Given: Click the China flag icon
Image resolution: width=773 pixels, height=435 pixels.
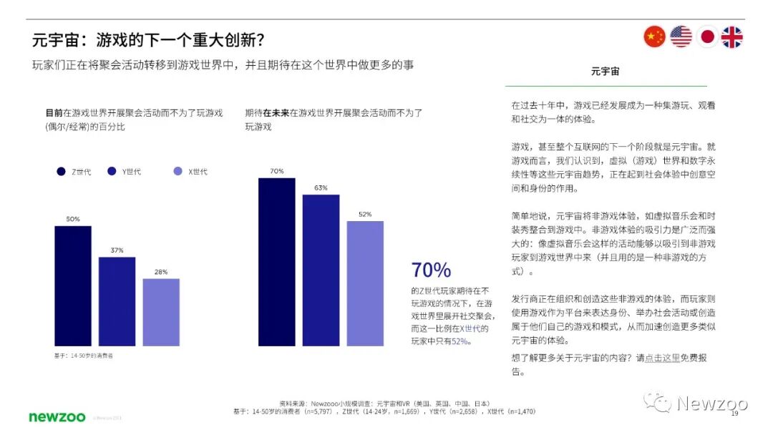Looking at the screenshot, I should pos(654,36).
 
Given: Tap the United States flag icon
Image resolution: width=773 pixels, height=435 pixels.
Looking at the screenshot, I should pos(681,36).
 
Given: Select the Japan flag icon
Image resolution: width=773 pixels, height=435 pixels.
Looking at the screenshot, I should pos(707,36).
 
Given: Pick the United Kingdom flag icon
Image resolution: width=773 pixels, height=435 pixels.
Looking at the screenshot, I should pos(732,36).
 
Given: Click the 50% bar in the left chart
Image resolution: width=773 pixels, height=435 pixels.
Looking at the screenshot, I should pos(73,286).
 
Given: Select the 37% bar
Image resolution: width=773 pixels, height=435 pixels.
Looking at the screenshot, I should pos(117,301).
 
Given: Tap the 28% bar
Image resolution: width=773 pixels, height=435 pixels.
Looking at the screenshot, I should pos(161,312).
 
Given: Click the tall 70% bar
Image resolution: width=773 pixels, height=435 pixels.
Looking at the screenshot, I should pos(276,262).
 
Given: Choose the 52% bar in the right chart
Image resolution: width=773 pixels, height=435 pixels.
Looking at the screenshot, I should pos(365,283).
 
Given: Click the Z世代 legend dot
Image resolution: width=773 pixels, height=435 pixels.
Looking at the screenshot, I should pos(62,171).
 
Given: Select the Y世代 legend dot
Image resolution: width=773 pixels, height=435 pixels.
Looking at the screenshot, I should pos(112,171).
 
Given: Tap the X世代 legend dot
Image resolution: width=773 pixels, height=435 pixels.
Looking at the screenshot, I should pos(178,171).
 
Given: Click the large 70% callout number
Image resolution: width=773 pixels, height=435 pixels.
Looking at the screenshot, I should pos(431,270).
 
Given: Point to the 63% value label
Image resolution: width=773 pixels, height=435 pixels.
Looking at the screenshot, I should pos(321,187).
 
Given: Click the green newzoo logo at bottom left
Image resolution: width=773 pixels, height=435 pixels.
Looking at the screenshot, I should pos(57,416).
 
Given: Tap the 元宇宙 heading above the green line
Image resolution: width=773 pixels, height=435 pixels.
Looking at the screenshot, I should pos(605,72).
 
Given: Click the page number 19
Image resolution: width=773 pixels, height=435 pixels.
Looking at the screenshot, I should pos(734,414).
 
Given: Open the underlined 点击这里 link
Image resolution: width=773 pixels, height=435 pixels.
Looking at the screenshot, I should pos(662,358).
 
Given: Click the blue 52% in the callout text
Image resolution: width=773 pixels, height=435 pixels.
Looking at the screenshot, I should pos(461,341).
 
